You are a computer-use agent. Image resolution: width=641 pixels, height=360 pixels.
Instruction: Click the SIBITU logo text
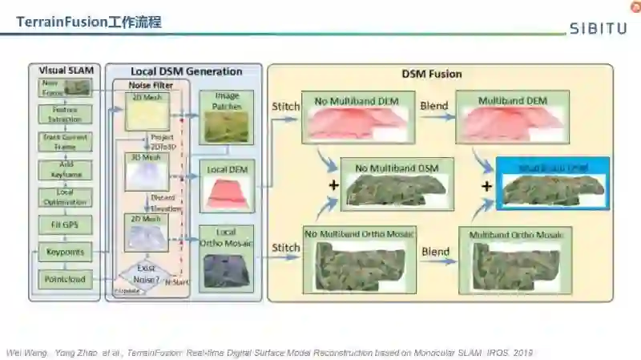(x=598, y=29)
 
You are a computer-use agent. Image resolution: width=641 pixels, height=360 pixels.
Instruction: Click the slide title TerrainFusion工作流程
(x=89, y=22)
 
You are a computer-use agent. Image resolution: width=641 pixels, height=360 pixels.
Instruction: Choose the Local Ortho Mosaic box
(x=226, y=257)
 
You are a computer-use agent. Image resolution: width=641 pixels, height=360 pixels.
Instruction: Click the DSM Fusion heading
(x=431, y=74)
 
